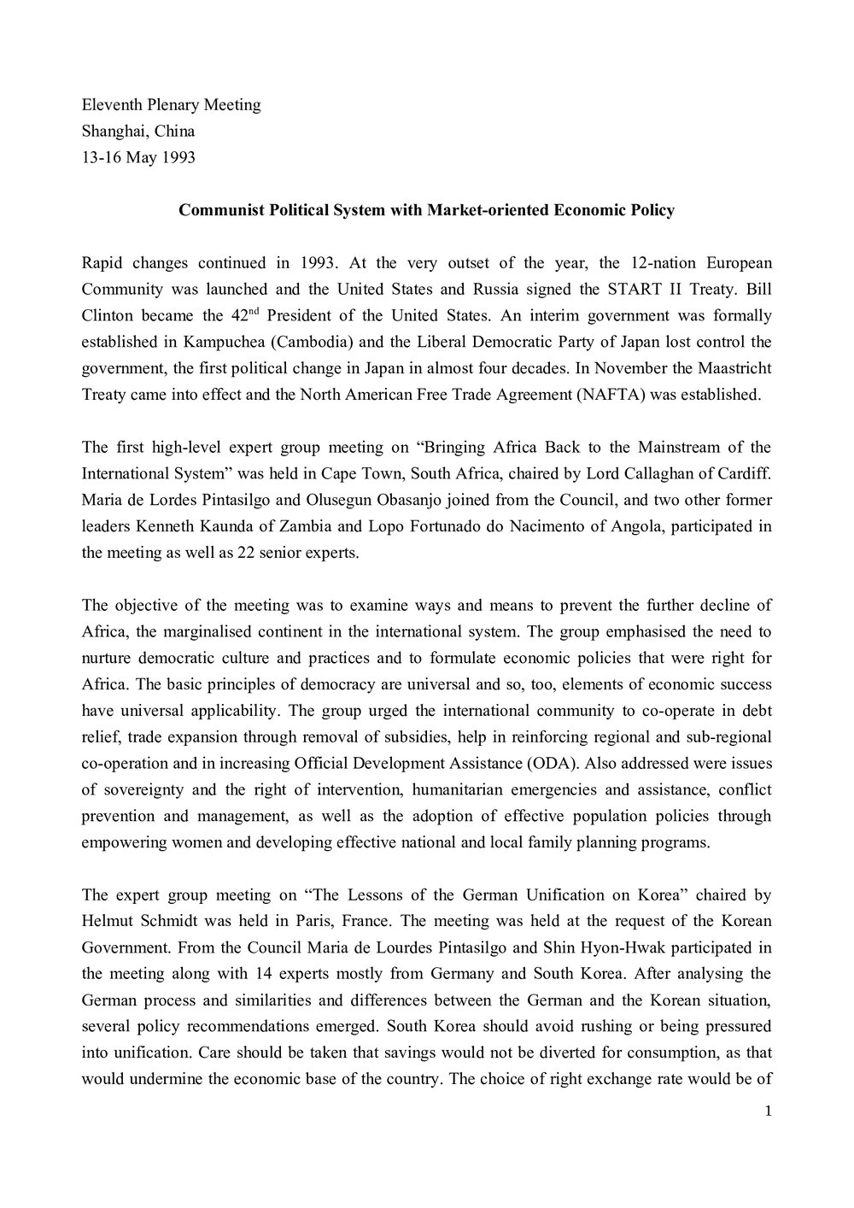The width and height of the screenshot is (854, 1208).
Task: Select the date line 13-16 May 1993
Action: pos(138,158)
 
